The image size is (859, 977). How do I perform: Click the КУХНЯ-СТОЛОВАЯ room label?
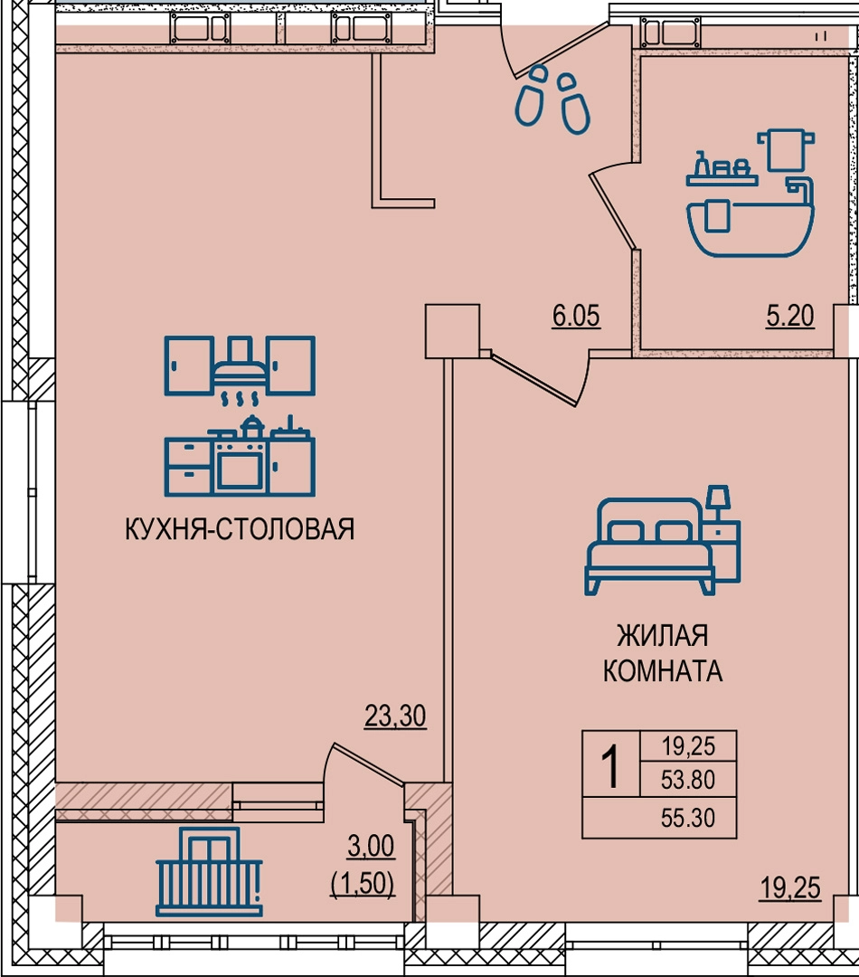click(240, 529)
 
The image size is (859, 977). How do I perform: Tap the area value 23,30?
click(395, 716)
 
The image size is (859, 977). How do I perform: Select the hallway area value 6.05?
click(576, 316)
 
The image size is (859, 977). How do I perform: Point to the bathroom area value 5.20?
click(790, 316)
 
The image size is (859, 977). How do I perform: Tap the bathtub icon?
click(750, 194)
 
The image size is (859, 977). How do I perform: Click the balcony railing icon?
click(209, 872)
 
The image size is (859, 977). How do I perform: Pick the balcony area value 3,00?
click(371, 846)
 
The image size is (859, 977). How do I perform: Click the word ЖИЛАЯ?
click(663, 636)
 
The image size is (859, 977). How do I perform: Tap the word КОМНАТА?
click(663, 671)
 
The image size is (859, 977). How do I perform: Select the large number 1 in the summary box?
click(611, 768)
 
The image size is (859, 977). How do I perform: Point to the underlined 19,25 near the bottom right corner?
click(790, 888)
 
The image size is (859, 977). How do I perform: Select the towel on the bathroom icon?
click(786, 149)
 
